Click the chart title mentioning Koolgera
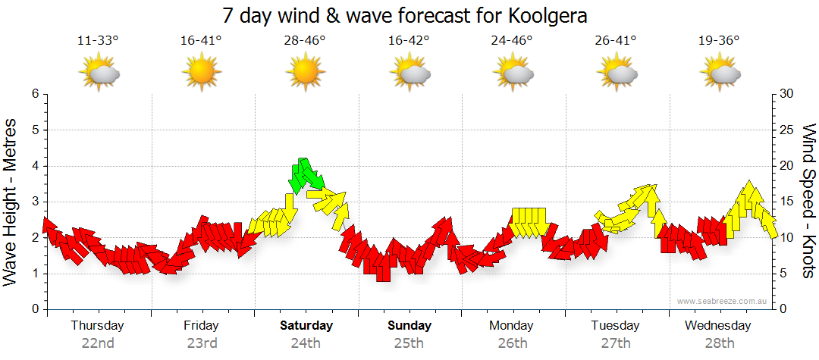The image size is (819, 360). pyautogui.click(x=406, y=15)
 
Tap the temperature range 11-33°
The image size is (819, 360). pyautogui.click(x=98, y=40)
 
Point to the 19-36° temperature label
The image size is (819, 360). pyautogui.click(x=718, y=40)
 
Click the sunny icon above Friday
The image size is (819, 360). pyautogui.click(x=202, y=74)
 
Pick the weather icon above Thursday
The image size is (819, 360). pyautogui.click(x=99, y=74)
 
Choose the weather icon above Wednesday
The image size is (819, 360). pyautogui.click(x=719, y=74)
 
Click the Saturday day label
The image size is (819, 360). pyautogui.click(x=306, y=326)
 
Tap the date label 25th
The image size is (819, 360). pyautogui.click(x=409, y=343)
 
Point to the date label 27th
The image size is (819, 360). pyautogui.click(x=615, y=343)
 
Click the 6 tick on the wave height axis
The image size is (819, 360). pyautogui.click(x=35, y=94)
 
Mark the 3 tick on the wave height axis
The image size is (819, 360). pyautogui.click(x=35, y=202)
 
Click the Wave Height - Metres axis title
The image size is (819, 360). pyautogui.click(x=11, y=202)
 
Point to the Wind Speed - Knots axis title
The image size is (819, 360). pyautogui.click(x=808, y=202)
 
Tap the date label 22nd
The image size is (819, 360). pyautogui.click(x=98, y=343)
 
